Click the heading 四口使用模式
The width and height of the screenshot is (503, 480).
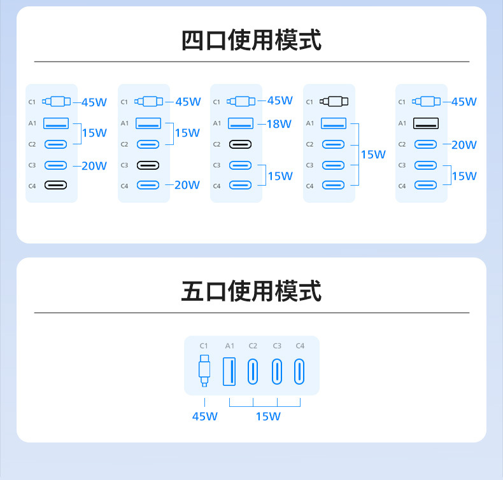click(251, 40)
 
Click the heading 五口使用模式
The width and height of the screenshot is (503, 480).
click(251, 291)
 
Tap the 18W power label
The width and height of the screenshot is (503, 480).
click(279, 124)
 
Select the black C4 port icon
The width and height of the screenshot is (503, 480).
click(55, 185)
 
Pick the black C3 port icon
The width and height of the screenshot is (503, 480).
click(148, 165)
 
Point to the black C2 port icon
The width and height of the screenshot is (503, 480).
click(240, 144)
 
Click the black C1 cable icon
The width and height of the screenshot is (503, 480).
click(334, 101)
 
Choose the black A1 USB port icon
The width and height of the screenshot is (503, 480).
click(425, 123)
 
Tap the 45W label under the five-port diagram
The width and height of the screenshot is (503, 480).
click(205, 416)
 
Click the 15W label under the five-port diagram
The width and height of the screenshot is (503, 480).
click(268, 416)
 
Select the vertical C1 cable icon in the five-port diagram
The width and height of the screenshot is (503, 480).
click(204, 371)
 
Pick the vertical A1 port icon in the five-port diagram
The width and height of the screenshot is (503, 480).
click(229, 372)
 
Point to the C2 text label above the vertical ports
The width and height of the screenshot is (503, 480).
click(253, 346)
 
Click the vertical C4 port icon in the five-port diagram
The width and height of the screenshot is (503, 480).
click(300, 372)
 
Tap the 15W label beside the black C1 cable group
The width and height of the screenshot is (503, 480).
click(373, 154)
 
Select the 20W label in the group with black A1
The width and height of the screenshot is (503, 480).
click(464, 145)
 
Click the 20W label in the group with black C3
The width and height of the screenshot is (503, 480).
click(187, 185)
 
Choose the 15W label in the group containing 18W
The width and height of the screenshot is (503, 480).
click(280, 176)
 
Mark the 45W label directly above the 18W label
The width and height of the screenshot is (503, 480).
click(280, 100)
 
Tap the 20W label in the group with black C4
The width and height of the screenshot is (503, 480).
click(94, 166)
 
